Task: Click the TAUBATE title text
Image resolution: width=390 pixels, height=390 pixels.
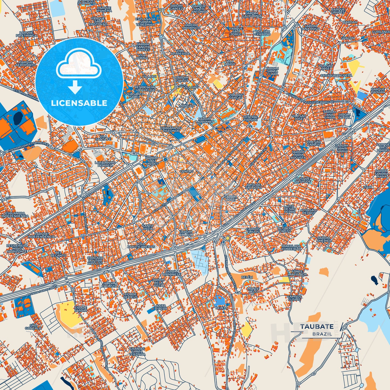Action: (x=317, y=327)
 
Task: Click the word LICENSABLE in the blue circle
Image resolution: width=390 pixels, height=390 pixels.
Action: (x=79, y=103)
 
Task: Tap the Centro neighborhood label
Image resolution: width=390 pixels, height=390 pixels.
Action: (x=186, y=171)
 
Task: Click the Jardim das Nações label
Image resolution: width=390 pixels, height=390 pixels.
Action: (x=151, y=161)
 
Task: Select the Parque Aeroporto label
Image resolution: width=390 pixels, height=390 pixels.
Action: (x=26, y=64)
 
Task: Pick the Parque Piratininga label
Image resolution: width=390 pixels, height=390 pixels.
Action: (x=26, y=34)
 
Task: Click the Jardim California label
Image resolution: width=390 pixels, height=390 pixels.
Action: (x=252, y=15)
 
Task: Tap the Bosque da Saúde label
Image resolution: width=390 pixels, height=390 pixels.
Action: (x=303, y=180)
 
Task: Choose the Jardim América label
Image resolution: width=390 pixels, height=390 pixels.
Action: (x=324, y=239)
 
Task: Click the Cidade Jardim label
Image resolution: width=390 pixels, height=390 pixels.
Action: (x=81, y=309)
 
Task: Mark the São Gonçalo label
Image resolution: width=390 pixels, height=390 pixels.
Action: (x=33, y=327)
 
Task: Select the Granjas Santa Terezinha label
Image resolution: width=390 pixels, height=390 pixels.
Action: (x=137, y=351)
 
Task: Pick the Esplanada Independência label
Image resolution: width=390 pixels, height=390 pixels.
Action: (x=15, y=215)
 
